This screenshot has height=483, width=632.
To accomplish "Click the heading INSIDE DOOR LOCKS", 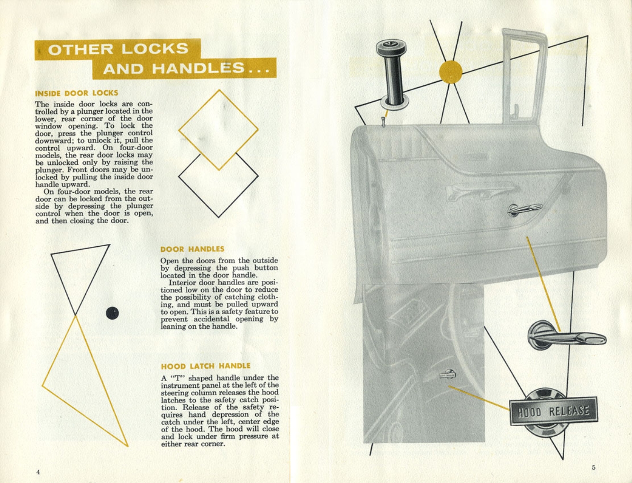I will click(x=76, y=93).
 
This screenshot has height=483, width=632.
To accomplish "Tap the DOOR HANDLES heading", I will click(x=192, y=249).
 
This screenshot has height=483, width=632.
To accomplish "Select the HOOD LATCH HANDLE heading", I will click(x=206, y=366).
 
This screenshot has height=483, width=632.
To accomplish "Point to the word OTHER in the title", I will click(x=81, y=49).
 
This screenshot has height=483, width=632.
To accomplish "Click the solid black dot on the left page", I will click(x=112, y=313).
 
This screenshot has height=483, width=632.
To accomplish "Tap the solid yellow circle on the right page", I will click(x=451, y=72).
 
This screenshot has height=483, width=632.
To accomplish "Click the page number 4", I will click(x=38, y=472).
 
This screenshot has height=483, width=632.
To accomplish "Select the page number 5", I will click(x=593, y=467).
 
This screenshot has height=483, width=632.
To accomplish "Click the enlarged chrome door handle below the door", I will click(x=566, y=337).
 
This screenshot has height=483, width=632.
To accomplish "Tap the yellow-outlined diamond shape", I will click(x=218, y=129).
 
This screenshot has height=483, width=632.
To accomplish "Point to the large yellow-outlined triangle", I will click(x=83, y=379).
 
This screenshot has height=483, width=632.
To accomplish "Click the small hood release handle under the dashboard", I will click(x=447, y=375).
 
